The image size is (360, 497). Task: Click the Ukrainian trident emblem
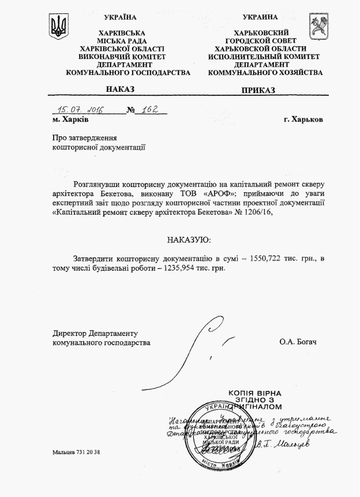coord(59,27)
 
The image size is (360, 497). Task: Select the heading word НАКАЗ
coord(120,89)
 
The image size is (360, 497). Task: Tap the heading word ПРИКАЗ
coord(258,90)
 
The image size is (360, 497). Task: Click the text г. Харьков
coord(303,119)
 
